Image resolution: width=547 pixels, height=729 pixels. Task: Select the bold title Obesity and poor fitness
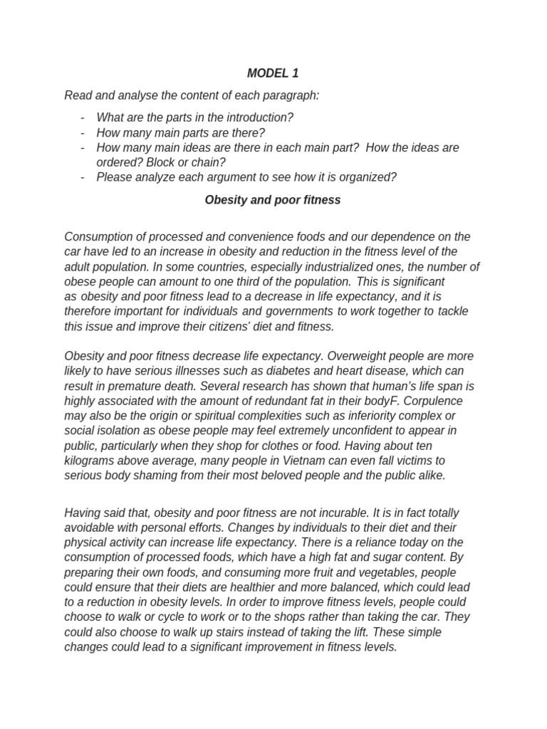273,200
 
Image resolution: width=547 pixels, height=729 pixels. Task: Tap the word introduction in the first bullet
261,117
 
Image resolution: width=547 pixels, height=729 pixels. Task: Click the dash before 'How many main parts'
83,132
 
